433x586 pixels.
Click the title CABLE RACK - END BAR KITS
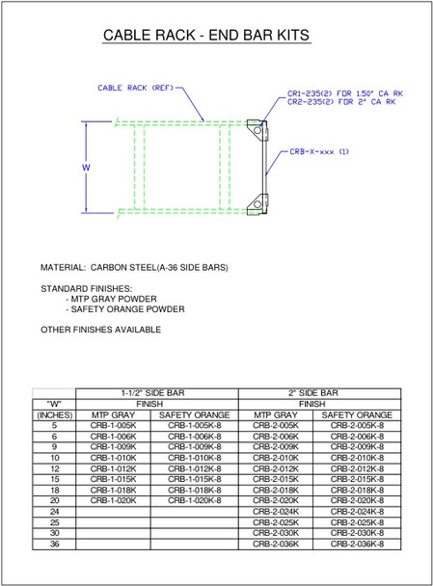click(x=205, y=36)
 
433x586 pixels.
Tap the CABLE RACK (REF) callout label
click(x=135, y=88)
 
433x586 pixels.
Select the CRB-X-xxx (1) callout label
click(x=319, y=151)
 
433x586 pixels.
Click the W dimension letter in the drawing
click(x=86, y=166)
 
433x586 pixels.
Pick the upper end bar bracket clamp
click(x=257, y=128)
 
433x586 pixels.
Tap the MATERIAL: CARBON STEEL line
click(x=134, y=267)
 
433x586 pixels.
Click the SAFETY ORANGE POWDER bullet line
click(x=124, y=309)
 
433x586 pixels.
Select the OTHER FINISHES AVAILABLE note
click(x=100, y=330)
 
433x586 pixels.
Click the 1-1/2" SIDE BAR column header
click(x=152, y=393)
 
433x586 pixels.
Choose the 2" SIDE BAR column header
click(x=312, y=393)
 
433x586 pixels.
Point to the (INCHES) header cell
click(x=55, y=414)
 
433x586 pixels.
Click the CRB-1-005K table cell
click(x=114, y=425)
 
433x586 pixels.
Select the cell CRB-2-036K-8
click(x=357, y=544)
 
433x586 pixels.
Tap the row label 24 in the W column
click(x=55, y=512)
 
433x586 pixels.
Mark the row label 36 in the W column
click(x=55, y=544)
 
